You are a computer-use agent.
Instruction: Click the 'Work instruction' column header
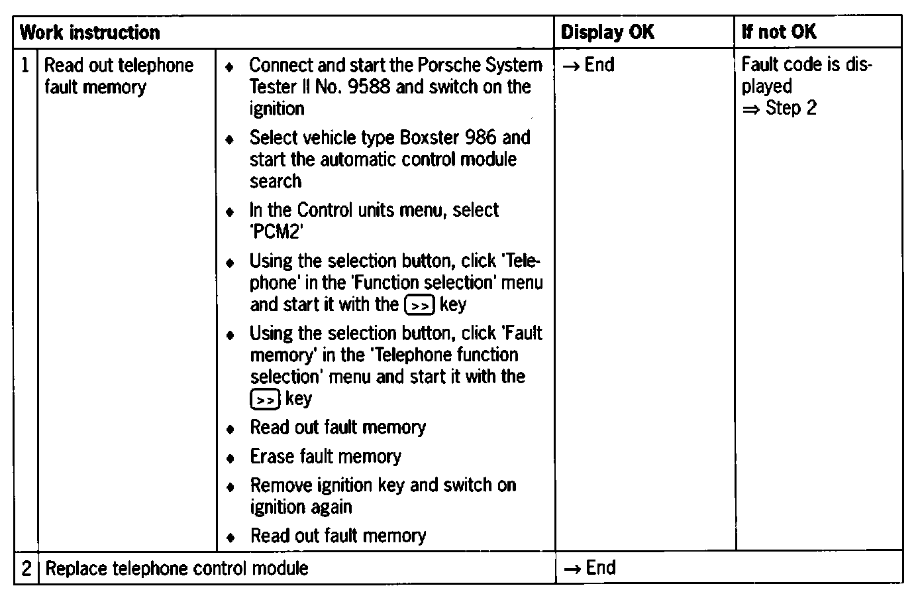tap(89, 32)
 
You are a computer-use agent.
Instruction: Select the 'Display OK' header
tap(607, 32)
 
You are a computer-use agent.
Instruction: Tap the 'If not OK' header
tap(779, 32)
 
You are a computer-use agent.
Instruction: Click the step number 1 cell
tap(25, 66)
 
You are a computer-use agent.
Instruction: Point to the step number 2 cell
tap(26, 568)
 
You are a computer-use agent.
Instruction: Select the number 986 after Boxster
tap(481, 138)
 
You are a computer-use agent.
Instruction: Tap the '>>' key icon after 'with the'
tap(419, 305)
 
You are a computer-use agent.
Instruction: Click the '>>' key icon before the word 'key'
tap(266, 400)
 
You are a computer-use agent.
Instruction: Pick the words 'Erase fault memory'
tap(325, 456)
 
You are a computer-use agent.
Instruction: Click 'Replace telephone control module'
tap(177, 568)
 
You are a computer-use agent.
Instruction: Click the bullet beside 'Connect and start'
tap(230, 67)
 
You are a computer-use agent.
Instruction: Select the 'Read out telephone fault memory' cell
tap(119, 76)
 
